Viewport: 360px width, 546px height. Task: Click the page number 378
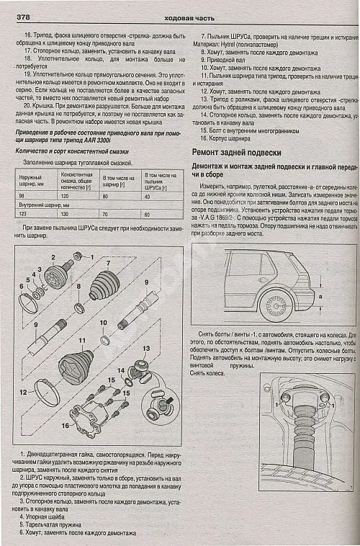click(18, 15)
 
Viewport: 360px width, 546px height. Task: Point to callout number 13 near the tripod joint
click(145, 348)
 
